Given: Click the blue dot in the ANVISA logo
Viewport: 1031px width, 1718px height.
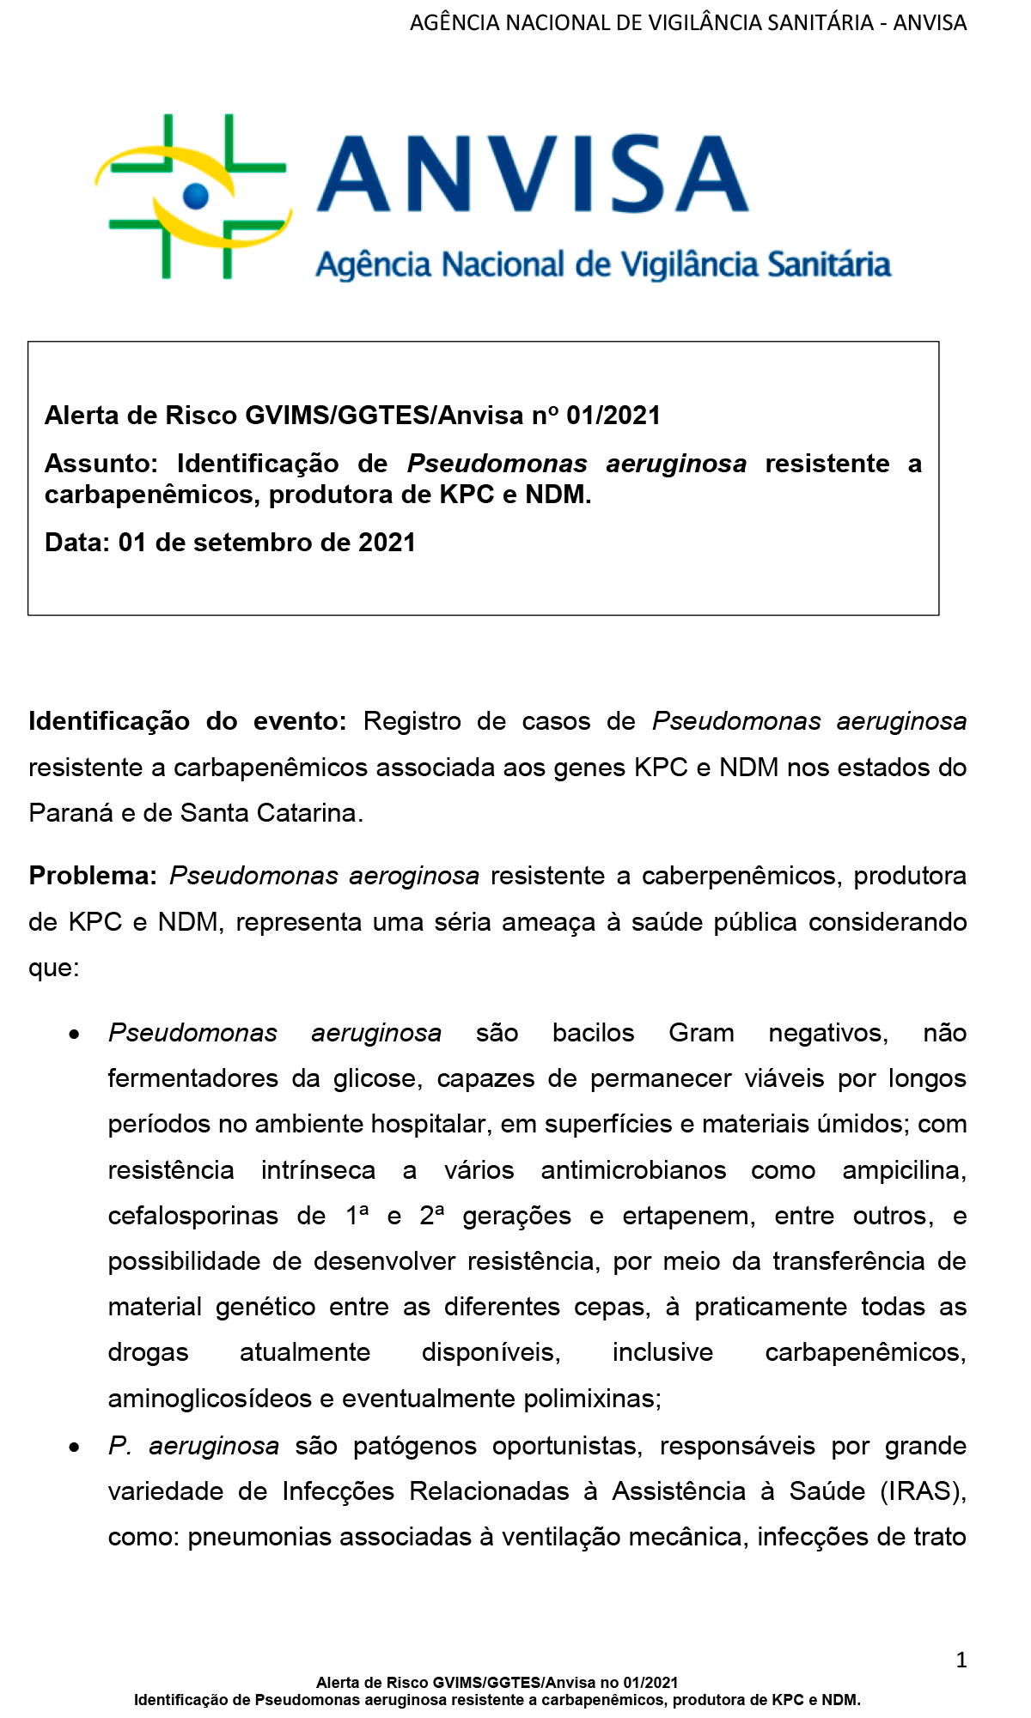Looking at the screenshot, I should point(196,196).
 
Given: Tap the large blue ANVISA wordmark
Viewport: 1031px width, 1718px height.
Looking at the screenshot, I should point(533,174).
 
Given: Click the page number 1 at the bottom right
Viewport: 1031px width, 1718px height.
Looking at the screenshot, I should point(961,1660).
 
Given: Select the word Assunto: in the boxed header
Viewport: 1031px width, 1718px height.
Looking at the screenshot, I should point(101,464).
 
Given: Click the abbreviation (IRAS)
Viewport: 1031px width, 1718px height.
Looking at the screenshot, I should point(923,1491).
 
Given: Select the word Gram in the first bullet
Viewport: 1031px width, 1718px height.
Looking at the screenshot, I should point(701,1033).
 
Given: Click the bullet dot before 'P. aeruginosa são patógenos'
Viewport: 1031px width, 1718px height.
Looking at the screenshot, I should point(76,1448).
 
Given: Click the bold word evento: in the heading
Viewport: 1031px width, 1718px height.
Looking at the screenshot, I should point(299,721).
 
